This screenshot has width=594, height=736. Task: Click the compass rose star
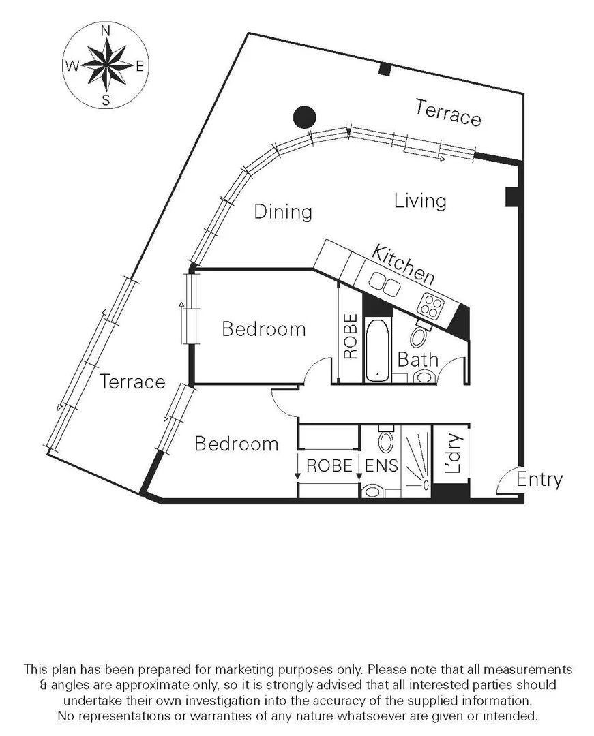click(x=105, y=65)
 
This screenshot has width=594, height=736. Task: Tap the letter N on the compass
click(x=106, y=31)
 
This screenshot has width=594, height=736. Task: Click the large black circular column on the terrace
click(x=304, y=117)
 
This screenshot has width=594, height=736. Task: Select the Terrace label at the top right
click(x=448, y=112)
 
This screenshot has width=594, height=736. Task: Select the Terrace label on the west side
click(x=132, y=382)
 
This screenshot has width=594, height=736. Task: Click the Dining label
click(x=283, y=212)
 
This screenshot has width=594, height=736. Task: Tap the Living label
click(x=420, y=201)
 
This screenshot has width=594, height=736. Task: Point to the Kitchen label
click(x=403, y=263)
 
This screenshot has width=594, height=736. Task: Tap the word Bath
click(x=417, y=359)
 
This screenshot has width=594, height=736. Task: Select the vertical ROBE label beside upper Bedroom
click(x=350, y=337)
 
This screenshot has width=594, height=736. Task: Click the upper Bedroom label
click(x=263, y=330)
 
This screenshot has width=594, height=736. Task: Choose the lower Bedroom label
click(x=236, y=444)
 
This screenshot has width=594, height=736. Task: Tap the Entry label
click(x=539, y=480)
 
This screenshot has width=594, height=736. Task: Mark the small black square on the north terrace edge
click(x=385, y=69)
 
